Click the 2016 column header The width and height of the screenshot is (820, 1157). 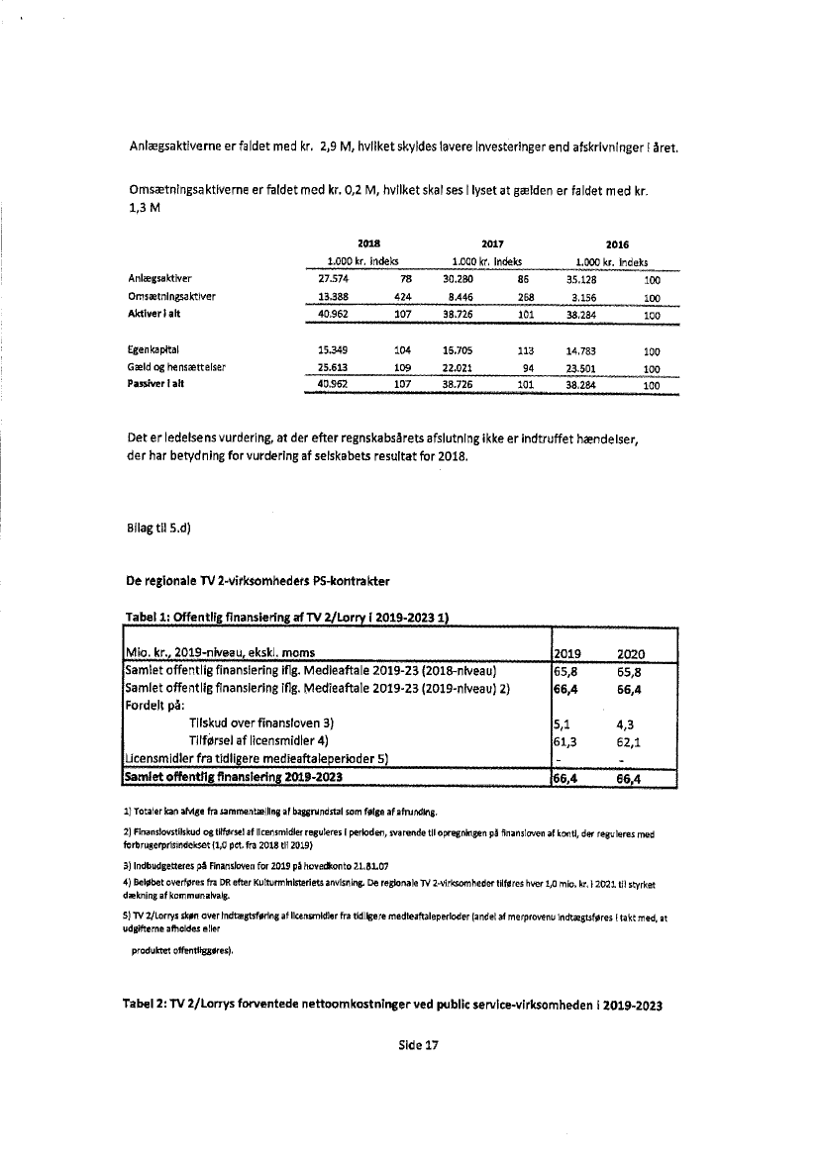[618, 243]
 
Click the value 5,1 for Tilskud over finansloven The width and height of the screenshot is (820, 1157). [564, 723]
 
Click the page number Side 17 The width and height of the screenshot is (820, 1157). [418, 1045]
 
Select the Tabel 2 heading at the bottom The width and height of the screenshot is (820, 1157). [391, 1006]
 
